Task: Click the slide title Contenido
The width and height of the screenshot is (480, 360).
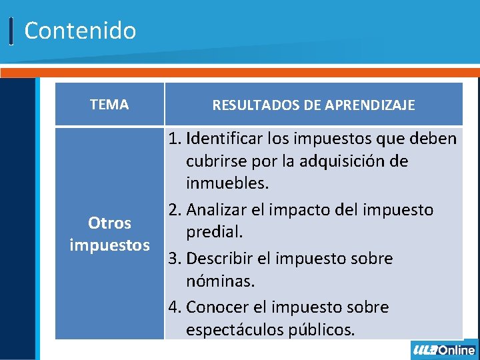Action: coord(80,31)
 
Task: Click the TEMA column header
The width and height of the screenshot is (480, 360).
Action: coord(109,104)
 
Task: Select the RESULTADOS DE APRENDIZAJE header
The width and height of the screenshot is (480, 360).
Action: coord(313,105)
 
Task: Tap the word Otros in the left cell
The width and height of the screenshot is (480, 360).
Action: coord(109,223)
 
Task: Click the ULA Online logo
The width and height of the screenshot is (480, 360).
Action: coord(444,350)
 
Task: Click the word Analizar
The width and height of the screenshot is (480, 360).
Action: coord(217,210)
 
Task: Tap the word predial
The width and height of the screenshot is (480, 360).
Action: coord(214,232)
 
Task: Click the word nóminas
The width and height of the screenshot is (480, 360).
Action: coord(221,281)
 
